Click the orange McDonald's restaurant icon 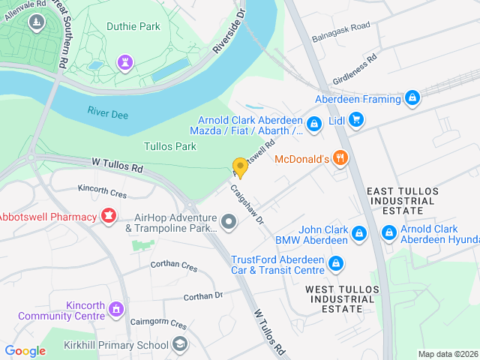coord(340,158)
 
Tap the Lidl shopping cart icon coord(356,120)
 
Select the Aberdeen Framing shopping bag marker coord(412,98)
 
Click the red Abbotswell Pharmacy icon coord(109,217)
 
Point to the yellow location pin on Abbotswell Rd coord(240,167)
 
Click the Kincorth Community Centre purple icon coord(115,308)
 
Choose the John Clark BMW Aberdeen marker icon coord(359,234)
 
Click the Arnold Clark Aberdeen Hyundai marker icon coord(389,234)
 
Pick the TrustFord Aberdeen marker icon coord(336,263)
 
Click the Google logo coord(25,350)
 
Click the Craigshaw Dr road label coord(247,204)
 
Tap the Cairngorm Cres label coord(157,324)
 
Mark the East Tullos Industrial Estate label coord(401,201)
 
